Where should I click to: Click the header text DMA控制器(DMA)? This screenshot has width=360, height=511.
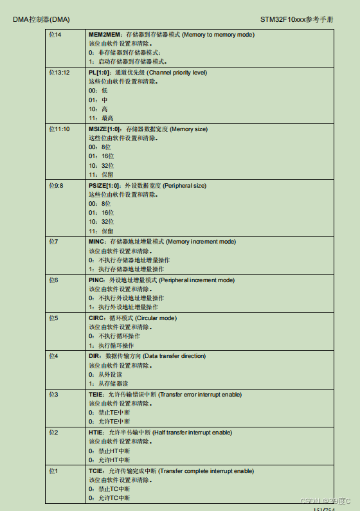pyautogui.click(x=41, y=19)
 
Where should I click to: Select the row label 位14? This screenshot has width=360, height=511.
pyautogui.click(x=55, y=34)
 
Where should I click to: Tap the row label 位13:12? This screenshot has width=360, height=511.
pyautogui.click(x=59, y=73)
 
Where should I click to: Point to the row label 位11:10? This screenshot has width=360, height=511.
pyautogui.click(x=59, y=129)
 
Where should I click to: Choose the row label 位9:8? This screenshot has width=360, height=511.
pyautogui.click(x=57, y=186)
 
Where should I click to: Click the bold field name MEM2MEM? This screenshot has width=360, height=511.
pyautogui.click(x=104, y=34)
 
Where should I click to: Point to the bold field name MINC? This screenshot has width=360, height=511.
pyautogui.click(x=96, y=242)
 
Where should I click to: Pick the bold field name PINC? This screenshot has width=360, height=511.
pyautogui.click(x=96, y=280)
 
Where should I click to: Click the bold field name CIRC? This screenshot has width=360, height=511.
pyautogui.click(x=96, y=318)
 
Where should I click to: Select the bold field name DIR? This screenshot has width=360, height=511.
pyautogui.click(x=94, y=356)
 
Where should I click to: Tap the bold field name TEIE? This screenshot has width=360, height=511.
pyautogui.click(x=96, y=394)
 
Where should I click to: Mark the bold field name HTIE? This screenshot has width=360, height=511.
pyautogui.click(x=96, y=433)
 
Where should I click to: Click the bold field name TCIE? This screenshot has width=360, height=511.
pyautogui.click(x=96, y=471)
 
